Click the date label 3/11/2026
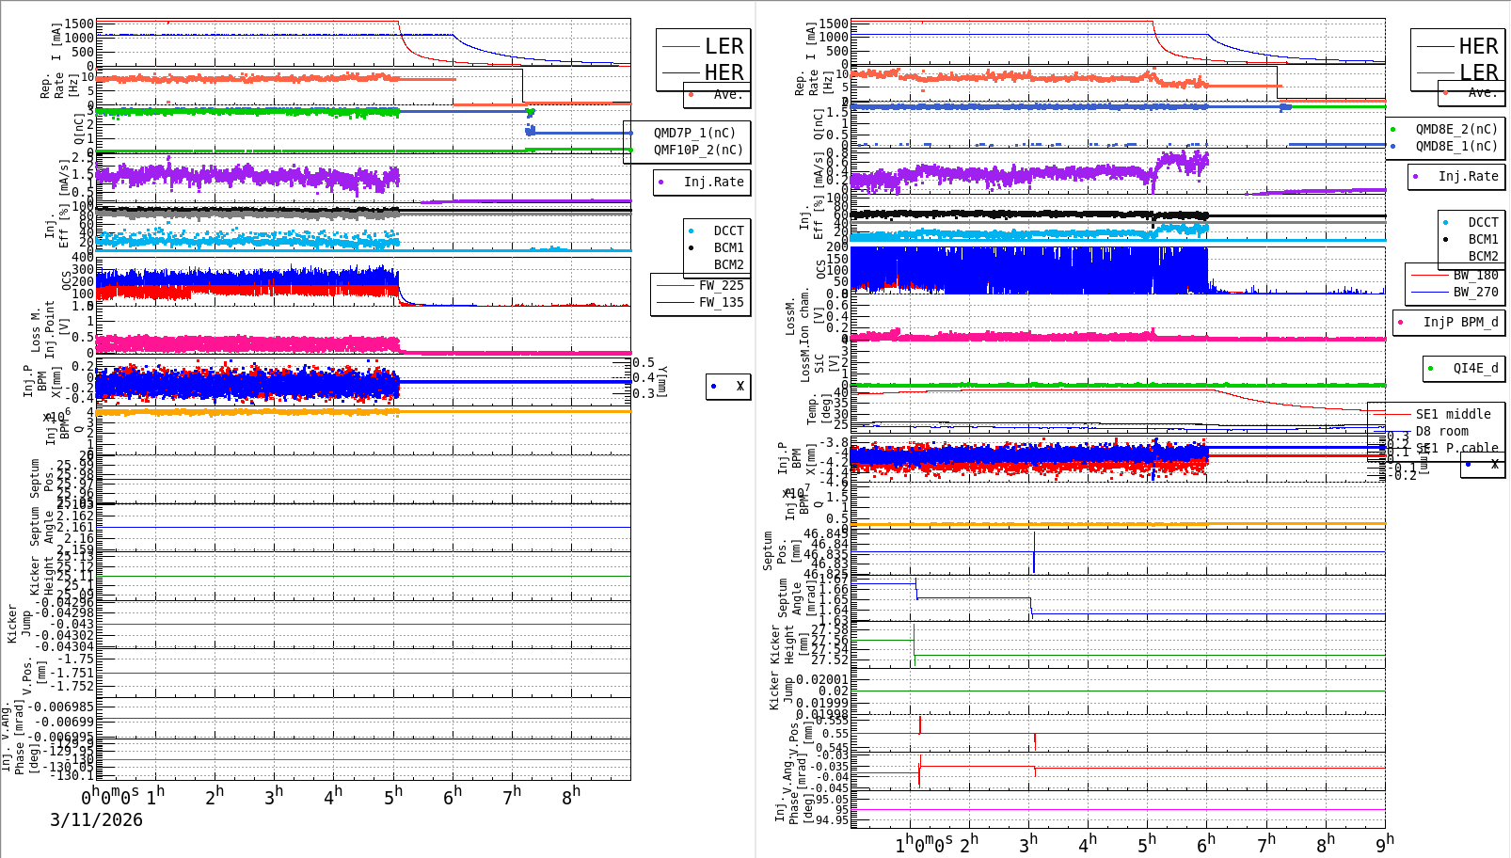click(96, 819)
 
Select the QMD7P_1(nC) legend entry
click(694, 133)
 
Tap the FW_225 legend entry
click(721, 285)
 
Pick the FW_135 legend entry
click(721, 302)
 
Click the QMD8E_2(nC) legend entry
click(1455, 129)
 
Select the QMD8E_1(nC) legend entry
click(1455, 146)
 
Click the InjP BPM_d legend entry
click(1460, 322)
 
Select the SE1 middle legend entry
click(1453, 414)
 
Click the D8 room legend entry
click(1441, 431)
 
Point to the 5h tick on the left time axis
click(393, 795)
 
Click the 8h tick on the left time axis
click(571, 795)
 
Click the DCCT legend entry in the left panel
click(728, 230)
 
